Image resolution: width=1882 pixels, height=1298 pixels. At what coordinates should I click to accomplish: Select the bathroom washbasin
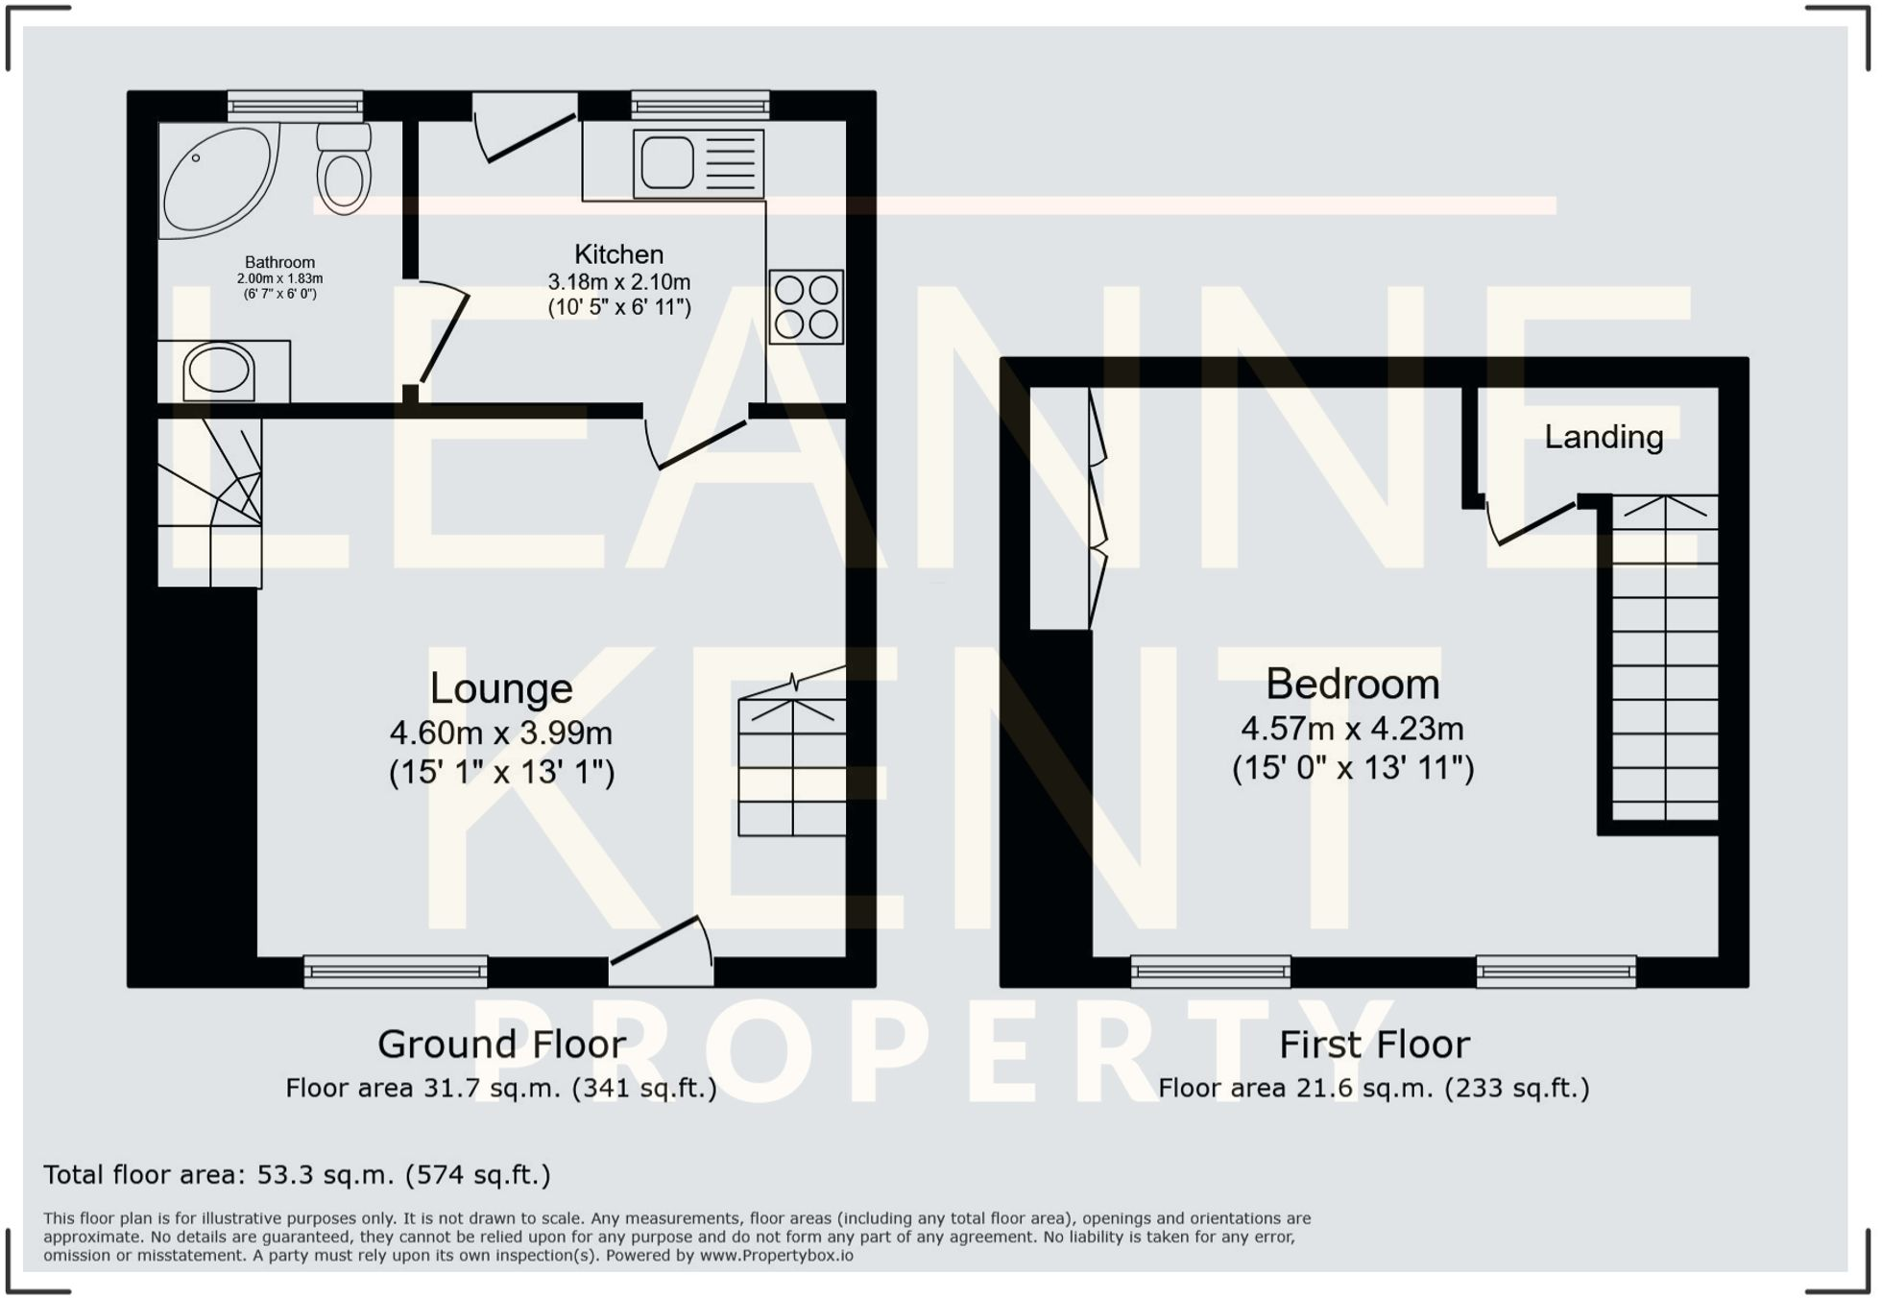pyautogui.click(x=219, y=371)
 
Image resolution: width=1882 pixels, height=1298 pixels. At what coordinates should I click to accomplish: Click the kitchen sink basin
pyautogui.click(x=667, y=162)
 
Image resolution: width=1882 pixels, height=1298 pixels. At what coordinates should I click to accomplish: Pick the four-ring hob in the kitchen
pyautogui.click(x=806, y=307)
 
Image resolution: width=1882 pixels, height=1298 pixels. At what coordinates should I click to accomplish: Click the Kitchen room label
pyautogui.click(x=618, y=254)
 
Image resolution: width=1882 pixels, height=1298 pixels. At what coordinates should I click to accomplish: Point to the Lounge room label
pyautogui.click(x=500, y=688)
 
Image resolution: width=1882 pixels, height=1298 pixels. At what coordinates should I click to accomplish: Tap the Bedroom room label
pyautogui.click(x=1352, y=685)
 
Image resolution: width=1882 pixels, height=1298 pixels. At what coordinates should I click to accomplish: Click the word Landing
pyautogui.click(x=1604, y=437)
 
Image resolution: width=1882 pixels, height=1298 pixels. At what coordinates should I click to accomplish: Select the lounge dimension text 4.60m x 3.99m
pyautogui.click(x=500, y=733)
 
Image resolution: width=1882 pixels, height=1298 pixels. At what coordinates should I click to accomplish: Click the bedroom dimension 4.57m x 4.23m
pyautogui.click(x=1352, y=729)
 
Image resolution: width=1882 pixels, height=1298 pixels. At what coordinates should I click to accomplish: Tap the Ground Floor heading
pyautogui.click(x=501, y=1045)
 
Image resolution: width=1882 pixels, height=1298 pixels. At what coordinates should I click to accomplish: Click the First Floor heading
pyautogui.click(x=1374, y=1045)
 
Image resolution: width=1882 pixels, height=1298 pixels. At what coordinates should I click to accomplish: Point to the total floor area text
pyautogui.click(x=297, y=1175)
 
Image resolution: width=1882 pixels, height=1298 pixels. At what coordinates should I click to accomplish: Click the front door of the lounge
pyautogui.click(x=661, y=950)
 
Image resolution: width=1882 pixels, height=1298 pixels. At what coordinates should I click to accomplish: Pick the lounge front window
pyautogui.click(x=396, y=971)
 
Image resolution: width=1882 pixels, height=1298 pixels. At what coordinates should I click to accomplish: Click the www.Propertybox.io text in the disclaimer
pyautogui.click(x=776, y=1256)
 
